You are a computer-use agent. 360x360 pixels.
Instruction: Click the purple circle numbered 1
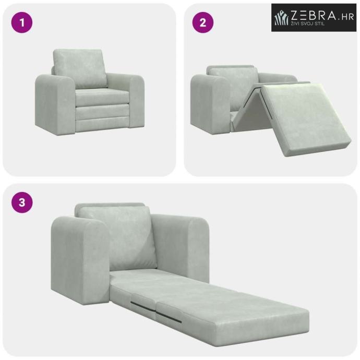[x=22, y=22]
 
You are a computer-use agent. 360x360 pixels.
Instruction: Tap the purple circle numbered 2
[x=203, y=22]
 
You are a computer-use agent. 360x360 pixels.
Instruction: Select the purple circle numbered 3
[x=22, y=202]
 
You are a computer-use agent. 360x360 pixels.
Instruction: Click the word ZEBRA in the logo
[x=314, y=15]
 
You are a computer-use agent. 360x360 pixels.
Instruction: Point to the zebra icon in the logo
[x=282, y=17]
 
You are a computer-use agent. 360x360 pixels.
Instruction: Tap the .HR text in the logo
[x=346, y=17]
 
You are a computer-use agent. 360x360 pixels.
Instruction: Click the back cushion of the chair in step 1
[x=80, y=68]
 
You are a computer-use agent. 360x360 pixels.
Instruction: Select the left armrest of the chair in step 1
[x=55, y=104]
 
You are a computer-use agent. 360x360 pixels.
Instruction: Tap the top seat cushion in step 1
[x=102, y=97]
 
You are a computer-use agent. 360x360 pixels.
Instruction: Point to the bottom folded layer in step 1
[x=103, y=125]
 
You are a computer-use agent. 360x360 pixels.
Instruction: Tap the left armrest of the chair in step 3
[x=80, y=260]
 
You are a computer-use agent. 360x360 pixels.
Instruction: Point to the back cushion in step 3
[x=117, y=237]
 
